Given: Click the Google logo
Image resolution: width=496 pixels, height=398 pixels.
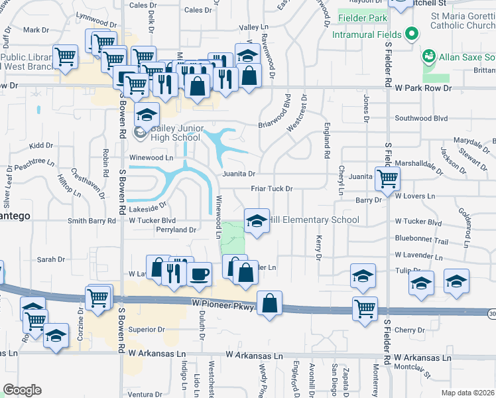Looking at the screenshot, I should pyautogui.click(x=22, y=390).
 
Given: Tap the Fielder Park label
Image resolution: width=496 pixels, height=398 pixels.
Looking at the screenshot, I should pyautogui.click(x=362, y=18).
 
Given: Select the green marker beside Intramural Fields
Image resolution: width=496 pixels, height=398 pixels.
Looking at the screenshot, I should pyautogui.click(x=411, y=34).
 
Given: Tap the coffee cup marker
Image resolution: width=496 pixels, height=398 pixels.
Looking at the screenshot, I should pyautogui.click(x=200, y=273).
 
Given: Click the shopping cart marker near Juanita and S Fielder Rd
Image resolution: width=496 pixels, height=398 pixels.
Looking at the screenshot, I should pyautogui.click(x=387, y=177).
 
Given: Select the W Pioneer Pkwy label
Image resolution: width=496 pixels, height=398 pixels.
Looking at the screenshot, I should pyautogui.click(x=223, y=303).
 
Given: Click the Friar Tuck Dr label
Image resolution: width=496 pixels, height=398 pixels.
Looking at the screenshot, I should pyautogui.click(x=271, y=189).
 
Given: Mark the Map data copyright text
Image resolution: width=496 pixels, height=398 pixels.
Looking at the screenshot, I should pyautogui.click(x=468, y=393).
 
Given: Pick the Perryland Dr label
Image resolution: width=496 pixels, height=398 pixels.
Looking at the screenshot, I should pyautogui.click(x=174, y=230).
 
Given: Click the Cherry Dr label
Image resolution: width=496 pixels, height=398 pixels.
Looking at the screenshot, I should pyautogui.click(x=408, y=330).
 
